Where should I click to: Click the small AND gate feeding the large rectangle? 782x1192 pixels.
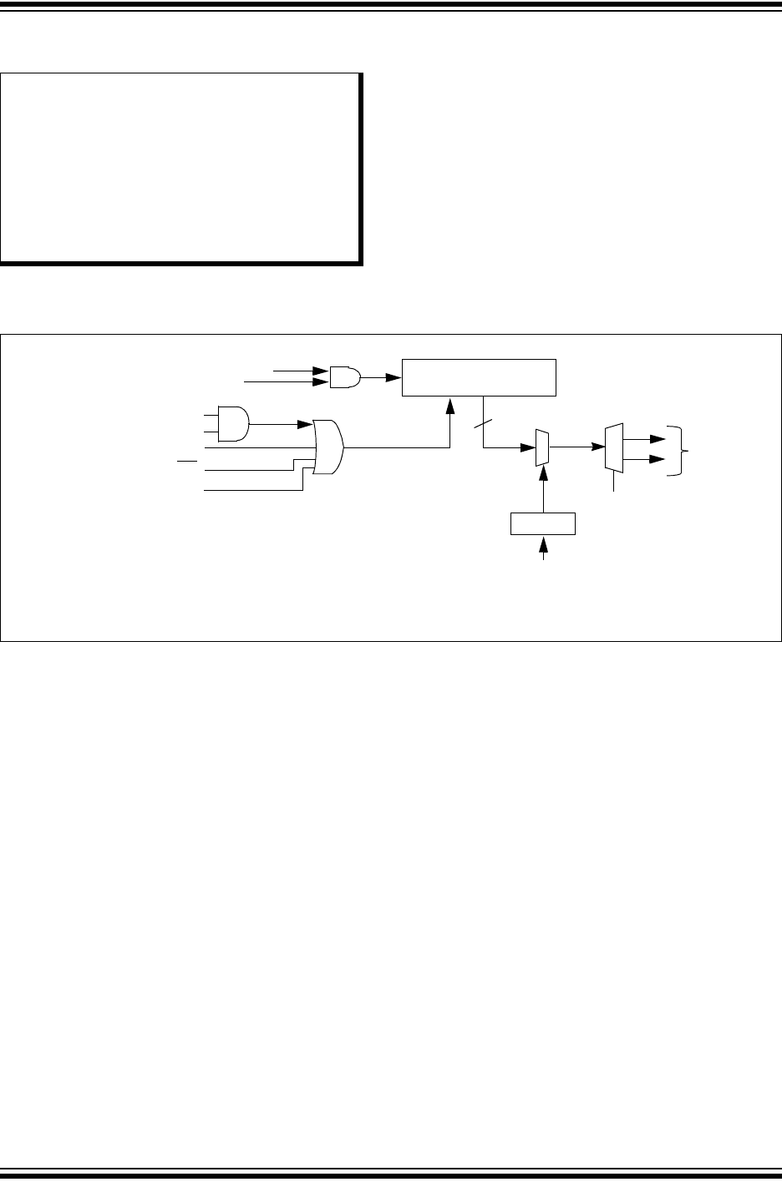click(345, 376)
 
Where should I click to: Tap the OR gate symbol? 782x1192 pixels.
click(329, 447)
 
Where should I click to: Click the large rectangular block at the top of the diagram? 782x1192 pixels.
click(479, 377)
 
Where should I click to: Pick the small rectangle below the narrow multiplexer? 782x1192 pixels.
click(543, 523)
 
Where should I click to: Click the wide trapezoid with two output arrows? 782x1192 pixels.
click(613, 447)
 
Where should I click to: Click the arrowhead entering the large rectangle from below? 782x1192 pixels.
click(450, 405)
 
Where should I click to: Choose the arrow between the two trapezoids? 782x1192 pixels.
click(576, 447)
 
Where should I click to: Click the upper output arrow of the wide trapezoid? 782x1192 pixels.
click(645, 436)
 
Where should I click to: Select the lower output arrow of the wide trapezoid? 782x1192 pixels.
click(645, 459)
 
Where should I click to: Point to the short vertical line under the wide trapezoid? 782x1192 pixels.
click(614, 482)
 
